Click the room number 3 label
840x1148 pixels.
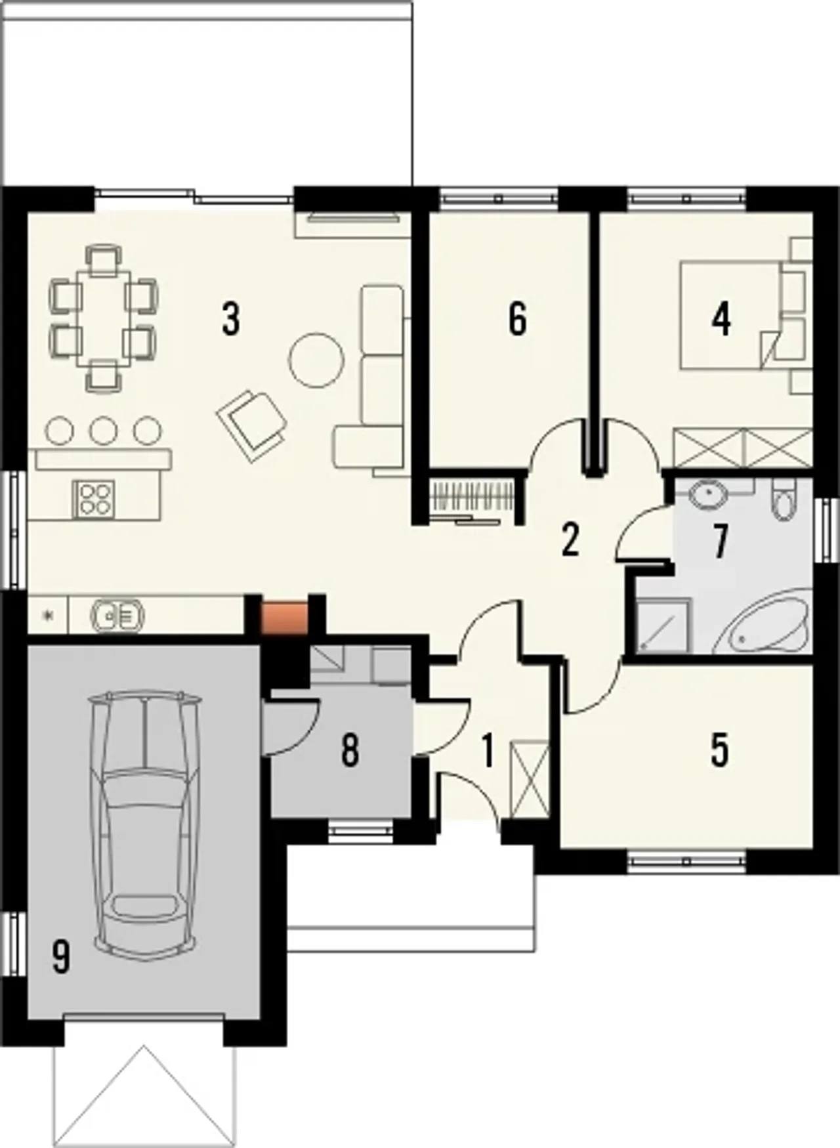pyautogui.click(x=230, y=320)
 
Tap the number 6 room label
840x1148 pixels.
pyautogui.click(x=518, y=320)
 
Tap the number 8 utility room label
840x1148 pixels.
pyautogui.click(x=350, y=750)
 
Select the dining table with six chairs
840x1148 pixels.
pyautogui.click(x=104, y=318)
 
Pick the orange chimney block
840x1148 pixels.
pyautogui.click(x=285, y=617)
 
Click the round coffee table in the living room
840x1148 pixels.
pyautogui.click(x=316, y=360)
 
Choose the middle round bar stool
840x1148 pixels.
pyautogui.click(x=103, y=431)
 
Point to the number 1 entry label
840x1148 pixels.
pyautogui.click(x=487, y=750)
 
